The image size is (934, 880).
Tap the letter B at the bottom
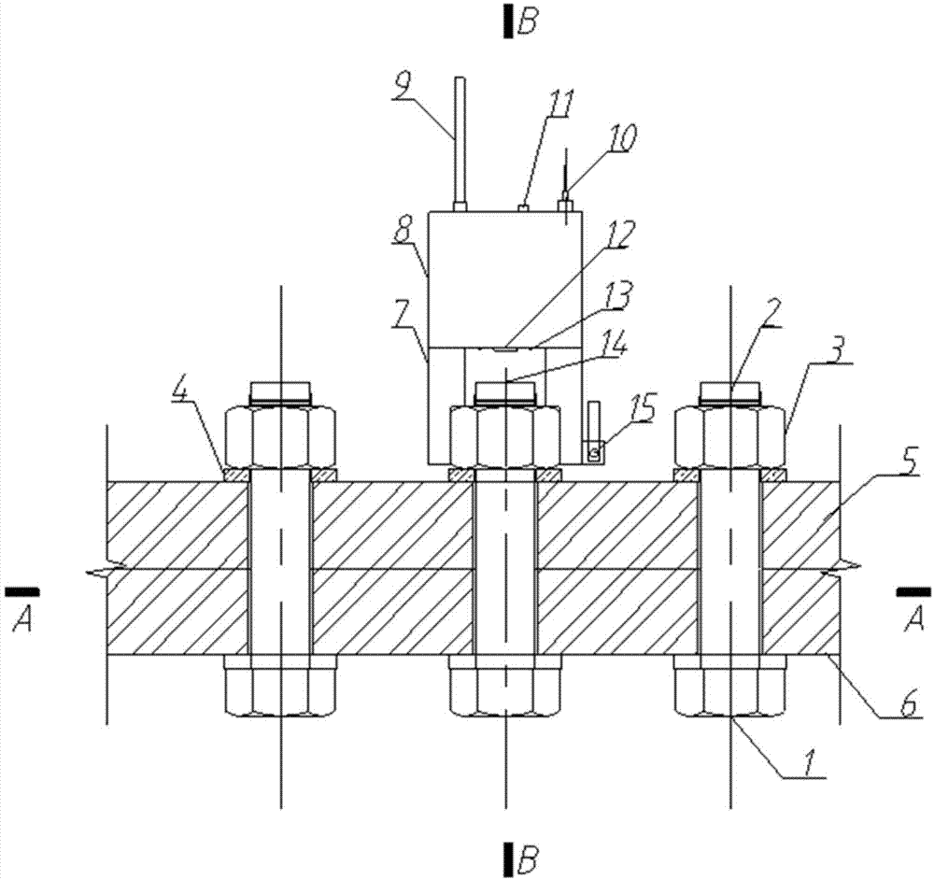coord(528,855)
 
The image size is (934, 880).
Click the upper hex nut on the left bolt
coord(281,436)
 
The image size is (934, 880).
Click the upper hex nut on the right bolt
coord(729,436)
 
